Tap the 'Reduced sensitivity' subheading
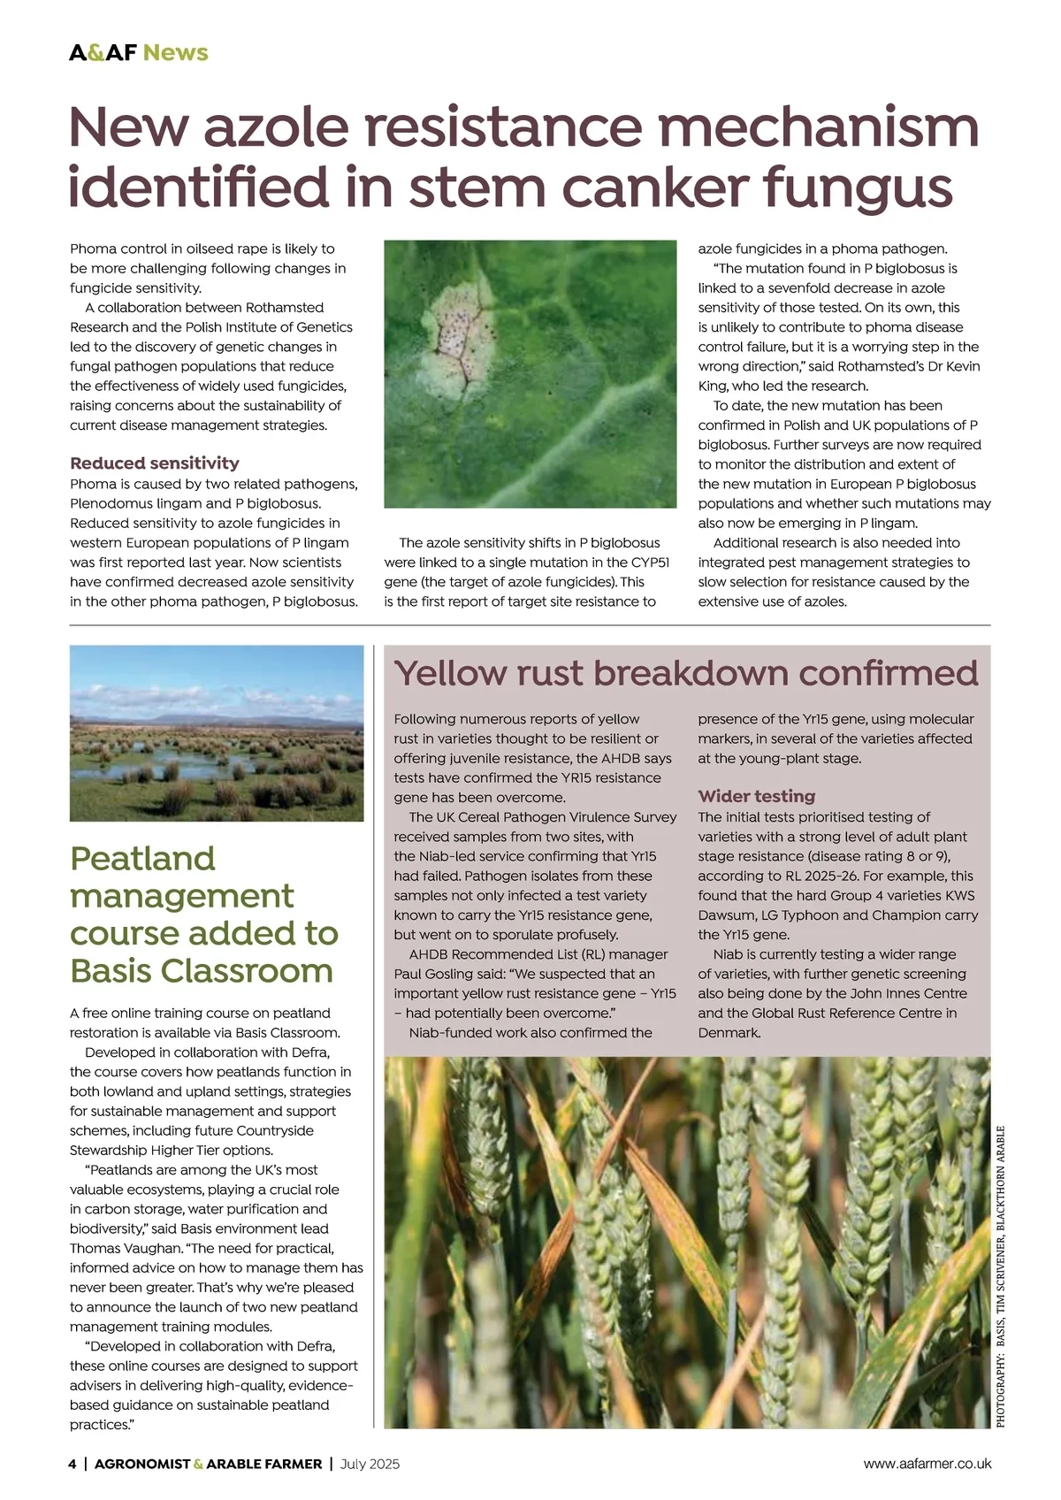pos(155,463)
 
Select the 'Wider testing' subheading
pos(756,796)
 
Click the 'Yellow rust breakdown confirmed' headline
pos(686,673)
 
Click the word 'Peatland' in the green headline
pos(142,859)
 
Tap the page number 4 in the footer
pos(73,1464)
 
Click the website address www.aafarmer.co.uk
pos(927,1464)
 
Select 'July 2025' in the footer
pos(370,1464)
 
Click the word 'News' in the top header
pos(176,52)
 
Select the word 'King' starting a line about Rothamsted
pos(713,386)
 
